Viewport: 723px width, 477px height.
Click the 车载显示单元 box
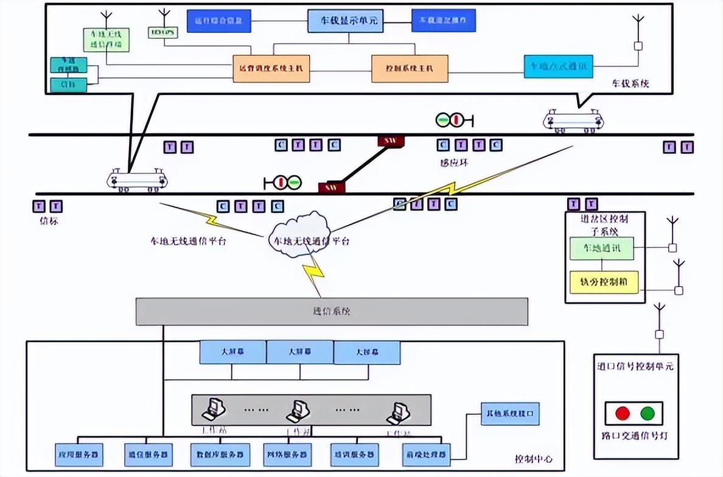[349, 21]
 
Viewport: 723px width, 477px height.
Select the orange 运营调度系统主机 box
[271, 68]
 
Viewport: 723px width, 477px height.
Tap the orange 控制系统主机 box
[410, 68]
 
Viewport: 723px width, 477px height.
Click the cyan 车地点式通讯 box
[558, 66]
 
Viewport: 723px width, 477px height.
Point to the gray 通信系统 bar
[331, 312]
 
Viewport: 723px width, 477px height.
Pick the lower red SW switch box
[332, 187]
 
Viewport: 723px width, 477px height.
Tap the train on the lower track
[138, 180]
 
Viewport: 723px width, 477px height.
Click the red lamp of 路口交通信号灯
[622, 414]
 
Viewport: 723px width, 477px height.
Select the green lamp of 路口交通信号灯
[647, 414]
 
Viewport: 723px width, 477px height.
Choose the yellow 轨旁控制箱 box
[604, 283]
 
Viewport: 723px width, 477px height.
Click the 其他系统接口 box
[510, 414]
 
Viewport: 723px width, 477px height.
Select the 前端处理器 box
[425, 454]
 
